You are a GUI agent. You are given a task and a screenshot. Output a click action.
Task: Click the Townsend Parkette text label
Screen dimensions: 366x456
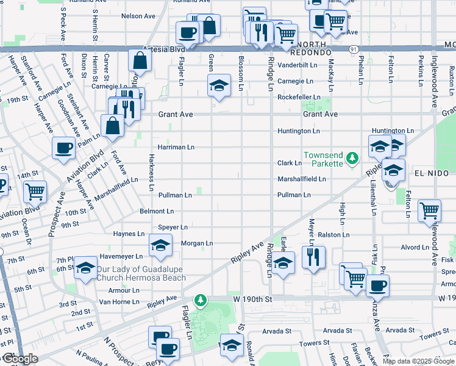tap(324, 159)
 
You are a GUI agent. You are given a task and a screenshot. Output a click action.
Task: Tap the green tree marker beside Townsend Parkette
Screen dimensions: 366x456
tap(352, 159)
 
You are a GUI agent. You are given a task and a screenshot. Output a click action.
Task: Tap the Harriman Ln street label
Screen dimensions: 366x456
tap(176, 147)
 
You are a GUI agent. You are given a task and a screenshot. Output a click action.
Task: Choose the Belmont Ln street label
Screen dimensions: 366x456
tap(157, 211)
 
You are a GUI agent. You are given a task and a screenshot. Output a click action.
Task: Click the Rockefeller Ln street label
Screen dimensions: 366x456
tap(299, 97)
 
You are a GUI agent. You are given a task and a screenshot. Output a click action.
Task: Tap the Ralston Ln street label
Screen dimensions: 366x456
tap(333, 234)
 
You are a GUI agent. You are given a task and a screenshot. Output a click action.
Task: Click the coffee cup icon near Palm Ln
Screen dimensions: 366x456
tap(64, 148)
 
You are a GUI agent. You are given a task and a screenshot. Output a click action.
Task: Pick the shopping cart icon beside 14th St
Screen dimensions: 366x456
tap(35, 192)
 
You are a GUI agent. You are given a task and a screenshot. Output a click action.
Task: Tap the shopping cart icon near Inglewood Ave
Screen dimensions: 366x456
tap(430, 211)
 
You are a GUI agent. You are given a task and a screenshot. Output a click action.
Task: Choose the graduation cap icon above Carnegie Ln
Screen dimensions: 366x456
tap(219, 85)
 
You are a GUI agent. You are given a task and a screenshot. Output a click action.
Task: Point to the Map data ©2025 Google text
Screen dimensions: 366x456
tap(418, 361)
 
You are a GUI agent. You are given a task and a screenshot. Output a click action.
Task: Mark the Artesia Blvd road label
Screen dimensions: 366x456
tap(163, 49)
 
